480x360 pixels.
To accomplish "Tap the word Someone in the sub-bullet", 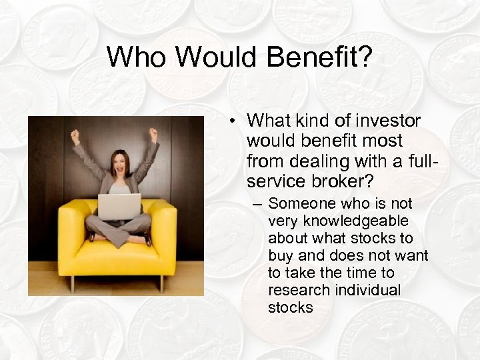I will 299,203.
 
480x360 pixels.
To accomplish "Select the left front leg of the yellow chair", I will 72,283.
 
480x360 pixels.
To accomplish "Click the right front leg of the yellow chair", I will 161,283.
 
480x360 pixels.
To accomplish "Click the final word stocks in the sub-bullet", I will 290,307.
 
